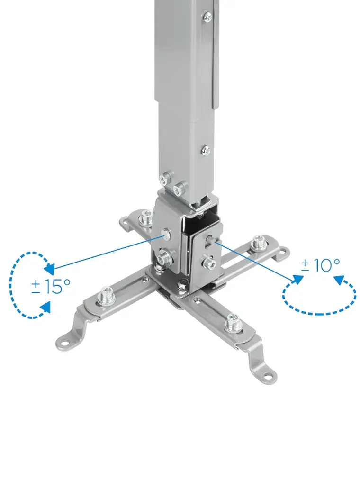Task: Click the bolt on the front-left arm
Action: pyautogui.click(x=106, y=296)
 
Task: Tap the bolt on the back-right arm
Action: pyautogui.click(x=258, y=242)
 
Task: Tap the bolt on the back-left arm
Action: pyautogui.click(x=146, y=217)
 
